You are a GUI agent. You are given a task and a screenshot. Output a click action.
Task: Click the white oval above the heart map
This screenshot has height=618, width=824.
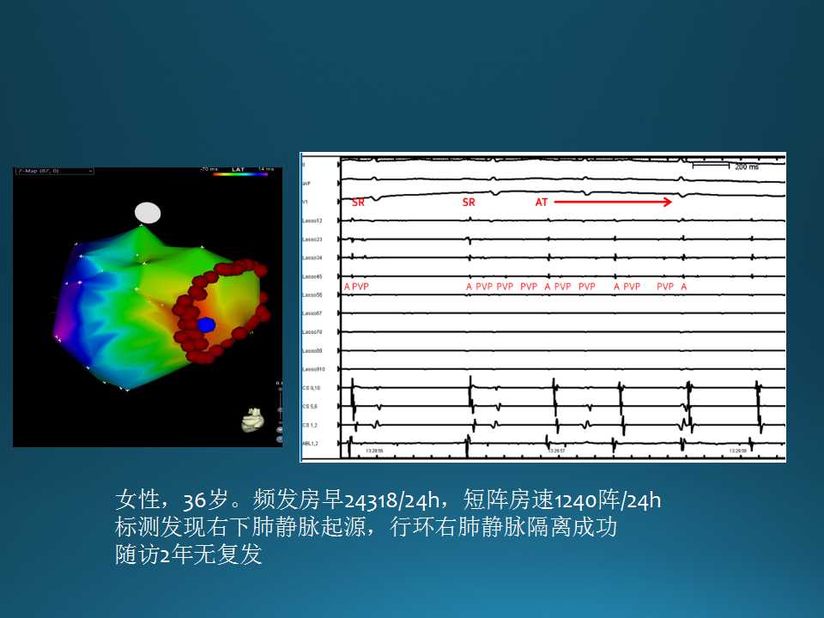(x=148, y=213)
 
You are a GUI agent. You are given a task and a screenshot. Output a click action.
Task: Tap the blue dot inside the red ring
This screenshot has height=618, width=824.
(x=206, y=324)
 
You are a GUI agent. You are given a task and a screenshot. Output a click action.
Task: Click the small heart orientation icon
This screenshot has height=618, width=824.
(x=251, y=420)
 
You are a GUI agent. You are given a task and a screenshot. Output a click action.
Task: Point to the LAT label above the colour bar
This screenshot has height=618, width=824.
(x=239, y=169)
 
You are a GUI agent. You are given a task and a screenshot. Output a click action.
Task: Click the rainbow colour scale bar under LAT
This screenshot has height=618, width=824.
(x=239, y=174)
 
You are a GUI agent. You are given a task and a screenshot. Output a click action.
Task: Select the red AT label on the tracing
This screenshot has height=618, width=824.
(x=542, y=203)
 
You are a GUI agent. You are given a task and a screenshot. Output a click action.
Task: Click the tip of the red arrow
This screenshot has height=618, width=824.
(x=670, y=203)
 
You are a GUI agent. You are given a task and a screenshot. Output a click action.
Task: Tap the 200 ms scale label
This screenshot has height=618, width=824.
(x=747, y=167)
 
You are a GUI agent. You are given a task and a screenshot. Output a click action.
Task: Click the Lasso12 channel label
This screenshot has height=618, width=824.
(x=312, y=221)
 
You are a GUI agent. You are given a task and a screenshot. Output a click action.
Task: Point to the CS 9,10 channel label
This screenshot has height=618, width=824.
(x=312, y=388)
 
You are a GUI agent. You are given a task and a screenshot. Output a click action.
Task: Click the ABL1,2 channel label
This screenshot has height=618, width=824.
(x=311, y=443)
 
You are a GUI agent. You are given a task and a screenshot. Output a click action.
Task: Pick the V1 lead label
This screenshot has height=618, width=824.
(x=306, y=203)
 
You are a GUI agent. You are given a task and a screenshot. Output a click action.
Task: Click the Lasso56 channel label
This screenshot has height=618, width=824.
(x=312, y=295)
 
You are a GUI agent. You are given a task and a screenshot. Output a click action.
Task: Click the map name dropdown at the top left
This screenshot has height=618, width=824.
(x=53, y=172)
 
